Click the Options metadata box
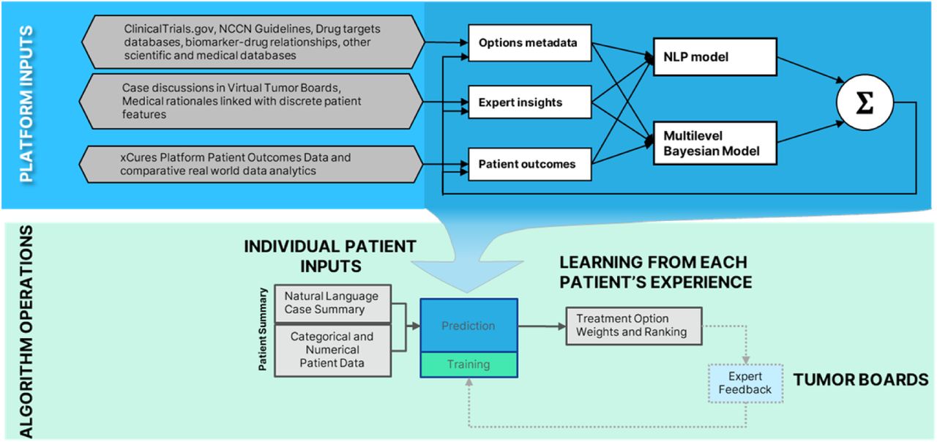[529, 42]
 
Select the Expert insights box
[529, 102]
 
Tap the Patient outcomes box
[529, 164]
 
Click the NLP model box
[715, 57]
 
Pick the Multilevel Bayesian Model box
[715, 143]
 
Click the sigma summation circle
[865, 102]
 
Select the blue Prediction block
[469, 326]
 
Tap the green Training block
[469, 364]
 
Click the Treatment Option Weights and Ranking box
[634, 326]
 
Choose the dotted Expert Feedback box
[745, 383]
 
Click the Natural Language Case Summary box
[332, 303]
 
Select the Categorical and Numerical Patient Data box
[332, 351]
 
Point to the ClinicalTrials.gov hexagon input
[253, 42]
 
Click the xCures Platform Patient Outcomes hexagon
[251, 165]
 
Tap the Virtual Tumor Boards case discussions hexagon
[251, 101]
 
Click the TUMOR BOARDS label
[861, 380]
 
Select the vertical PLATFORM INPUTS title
[26, 104]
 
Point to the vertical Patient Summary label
[263, 329]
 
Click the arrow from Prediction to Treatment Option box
[542, 326]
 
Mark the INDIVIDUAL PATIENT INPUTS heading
[330, 256]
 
